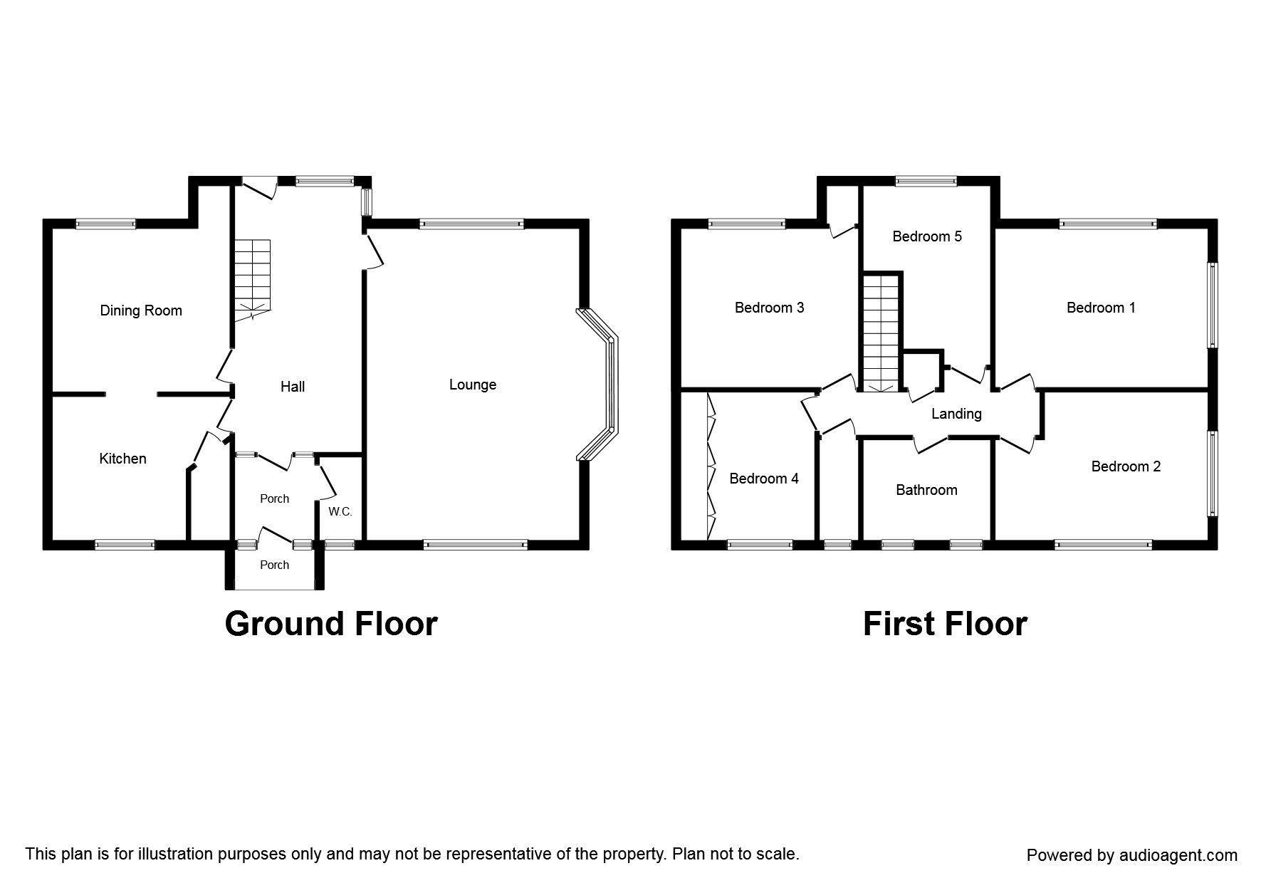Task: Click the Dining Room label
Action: pyautogui.click(x=141, y=310)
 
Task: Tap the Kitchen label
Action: pyautogui.click(x=122, y=459)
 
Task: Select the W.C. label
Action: pyautogui.click(x=340, y=511)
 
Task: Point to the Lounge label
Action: pyautogui.click(x=473, y=385)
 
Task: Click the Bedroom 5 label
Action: pyautogui.click(x=927, y=236)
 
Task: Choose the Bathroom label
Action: pyautogui.click(x=926, y=490)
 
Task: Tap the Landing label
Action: pyautogui.click(x=956, y=414)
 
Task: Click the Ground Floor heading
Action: pyautogui.click(x=331, y=624)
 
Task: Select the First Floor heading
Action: pyautogui.click(x=945, y=624)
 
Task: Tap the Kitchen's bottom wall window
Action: pyautogui.click(x=125, y=545)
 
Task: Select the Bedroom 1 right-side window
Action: pyautogui.click(x=1212, y=305)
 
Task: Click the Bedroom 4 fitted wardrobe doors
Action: pyautogui.click(x=711, y=466)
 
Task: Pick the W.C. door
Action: pyautogui.click(x=328, y=479)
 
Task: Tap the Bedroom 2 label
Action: pyautogui.click(x=1126, y=466)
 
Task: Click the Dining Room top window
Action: pyautogui.click(x=105, y=224)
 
